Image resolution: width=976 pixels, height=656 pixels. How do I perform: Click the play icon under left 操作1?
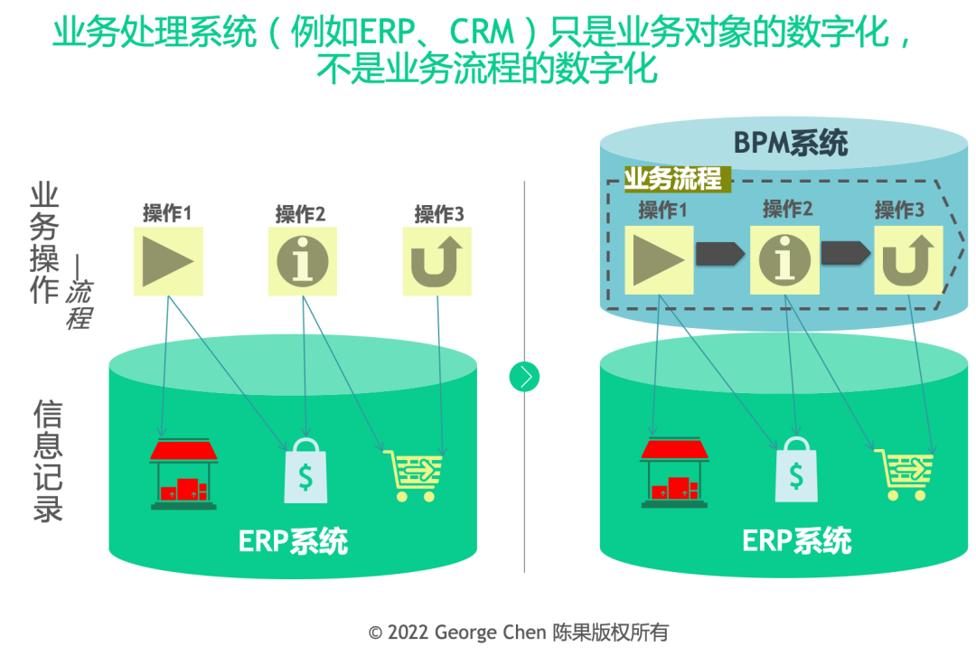(168, 260)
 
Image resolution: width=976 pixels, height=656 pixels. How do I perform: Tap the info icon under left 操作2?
(303, 260)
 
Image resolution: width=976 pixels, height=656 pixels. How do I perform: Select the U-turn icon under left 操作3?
(436, 260)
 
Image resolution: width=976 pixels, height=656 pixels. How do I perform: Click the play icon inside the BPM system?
(659, 259)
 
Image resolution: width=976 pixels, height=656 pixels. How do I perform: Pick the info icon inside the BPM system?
(784, 259)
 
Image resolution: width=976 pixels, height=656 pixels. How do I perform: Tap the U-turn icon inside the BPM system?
(907, 259)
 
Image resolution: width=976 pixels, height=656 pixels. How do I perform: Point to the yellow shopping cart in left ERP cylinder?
(414, 473)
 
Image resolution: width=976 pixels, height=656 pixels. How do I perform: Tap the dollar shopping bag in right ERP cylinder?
(795, 470)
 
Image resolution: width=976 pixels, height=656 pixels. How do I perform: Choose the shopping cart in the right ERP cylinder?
(904, 473)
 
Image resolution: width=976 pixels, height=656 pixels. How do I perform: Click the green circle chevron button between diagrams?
(524, 376)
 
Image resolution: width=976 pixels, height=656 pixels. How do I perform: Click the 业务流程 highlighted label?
(673, 178)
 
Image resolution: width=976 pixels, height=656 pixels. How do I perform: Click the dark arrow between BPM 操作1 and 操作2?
(720, 254)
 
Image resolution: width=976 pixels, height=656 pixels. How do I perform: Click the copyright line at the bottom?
(519, 633)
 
